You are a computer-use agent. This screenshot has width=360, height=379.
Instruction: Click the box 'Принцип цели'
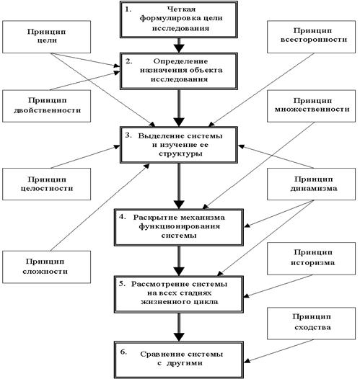[x=46, y=37]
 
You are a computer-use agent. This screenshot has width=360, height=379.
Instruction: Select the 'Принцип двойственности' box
[x=46, y=106]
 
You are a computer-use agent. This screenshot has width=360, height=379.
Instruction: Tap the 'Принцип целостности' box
[x=46, y=184]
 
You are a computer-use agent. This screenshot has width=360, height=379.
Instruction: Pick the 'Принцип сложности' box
[x=46, y=267]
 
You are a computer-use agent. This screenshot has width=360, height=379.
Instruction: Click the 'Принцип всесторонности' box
[x=312, y=37]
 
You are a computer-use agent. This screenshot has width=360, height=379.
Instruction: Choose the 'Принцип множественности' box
[x=312, y=106]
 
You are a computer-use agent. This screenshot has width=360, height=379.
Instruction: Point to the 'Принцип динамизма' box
[x=312, y=184]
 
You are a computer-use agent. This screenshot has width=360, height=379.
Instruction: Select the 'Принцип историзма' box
[x=312, y=259]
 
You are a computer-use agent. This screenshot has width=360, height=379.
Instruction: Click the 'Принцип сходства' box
[x=312, y=324]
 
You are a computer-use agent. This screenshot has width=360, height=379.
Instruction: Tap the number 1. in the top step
[x=128, y=9]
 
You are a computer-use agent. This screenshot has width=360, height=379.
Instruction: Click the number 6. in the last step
[x=123, y=352]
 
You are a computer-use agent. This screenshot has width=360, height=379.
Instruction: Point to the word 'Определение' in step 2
[x=180, y=61]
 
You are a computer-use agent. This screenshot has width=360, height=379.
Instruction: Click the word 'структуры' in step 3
[x=180, y=153]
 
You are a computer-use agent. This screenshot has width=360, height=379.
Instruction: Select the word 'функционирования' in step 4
[x=179, y=227]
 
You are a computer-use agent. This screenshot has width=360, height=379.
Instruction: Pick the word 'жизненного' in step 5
[x=165, y=302]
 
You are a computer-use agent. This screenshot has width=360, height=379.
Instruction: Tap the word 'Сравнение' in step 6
[x=162, y=355]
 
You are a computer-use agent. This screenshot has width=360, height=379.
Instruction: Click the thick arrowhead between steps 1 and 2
[x=179, y=48]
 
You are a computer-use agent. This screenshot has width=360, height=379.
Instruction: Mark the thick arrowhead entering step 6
[x=179, y=337]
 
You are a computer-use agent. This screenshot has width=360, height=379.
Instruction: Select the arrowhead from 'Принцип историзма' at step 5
[x=247, y=295]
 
